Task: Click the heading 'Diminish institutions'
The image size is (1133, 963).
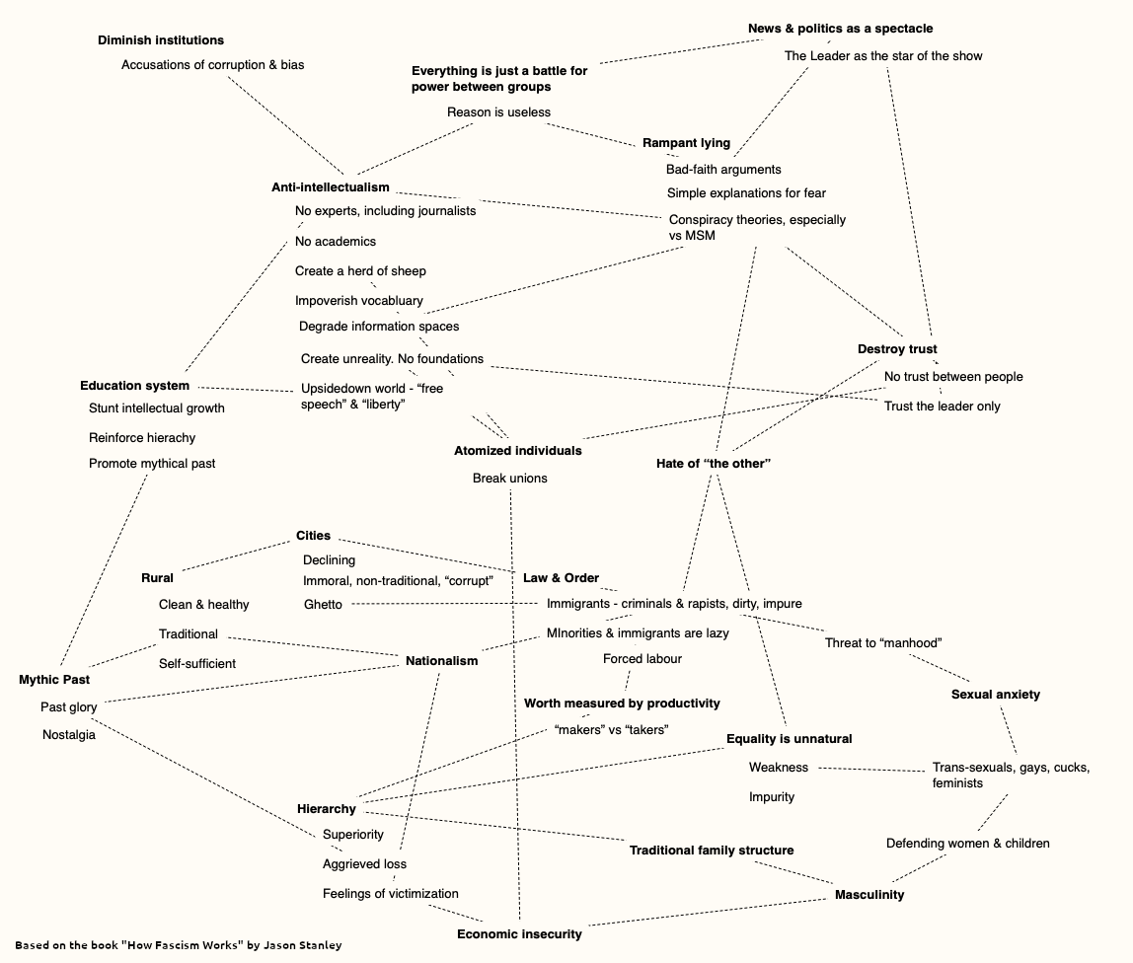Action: tap(161, 40)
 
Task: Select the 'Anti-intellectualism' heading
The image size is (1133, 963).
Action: tap(331, 187)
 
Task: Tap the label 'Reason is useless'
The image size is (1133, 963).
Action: tap(498, 111)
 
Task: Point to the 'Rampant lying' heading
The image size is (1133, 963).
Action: tap(687, 143)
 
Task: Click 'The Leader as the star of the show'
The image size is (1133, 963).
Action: tap(883, 55)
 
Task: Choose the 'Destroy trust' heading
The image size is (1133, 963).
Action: tap(897, 349)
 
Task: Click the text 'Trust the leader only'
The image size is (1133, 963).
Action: tap(942, 406)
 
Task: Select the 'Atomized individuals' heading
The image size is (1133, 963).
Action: tap(517, 451)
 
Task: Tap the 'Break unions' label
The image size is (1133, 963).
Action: tap(509, 479)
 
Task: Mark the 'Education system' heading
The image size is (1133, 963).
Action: tap(134, 386)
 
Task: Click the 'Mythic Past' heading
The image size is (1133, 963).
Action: tap(54, 680)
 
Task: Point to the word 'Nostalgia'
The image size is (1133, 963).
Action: tap(69, 735)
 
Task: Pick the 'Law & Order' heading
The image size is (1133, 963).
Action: tap(561, 578)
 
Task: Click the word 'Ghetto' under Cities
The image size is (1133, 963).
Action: tap(323, 605)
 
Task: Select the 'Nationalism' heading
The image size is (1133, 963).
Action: tap(441, 661)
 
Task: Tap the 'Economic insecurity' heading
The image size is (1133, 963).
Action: tap(519, 934)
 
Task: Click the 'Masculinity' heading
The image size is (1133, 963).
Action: tap(869, 895)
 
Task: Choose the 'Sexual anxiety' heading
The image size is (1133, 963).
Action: tap(995, 695)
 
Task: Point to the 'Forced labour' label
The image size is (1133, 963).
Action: tap(642, 659)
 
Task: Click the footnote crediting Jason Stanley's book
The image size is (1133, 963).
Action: tap(179, 945)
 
